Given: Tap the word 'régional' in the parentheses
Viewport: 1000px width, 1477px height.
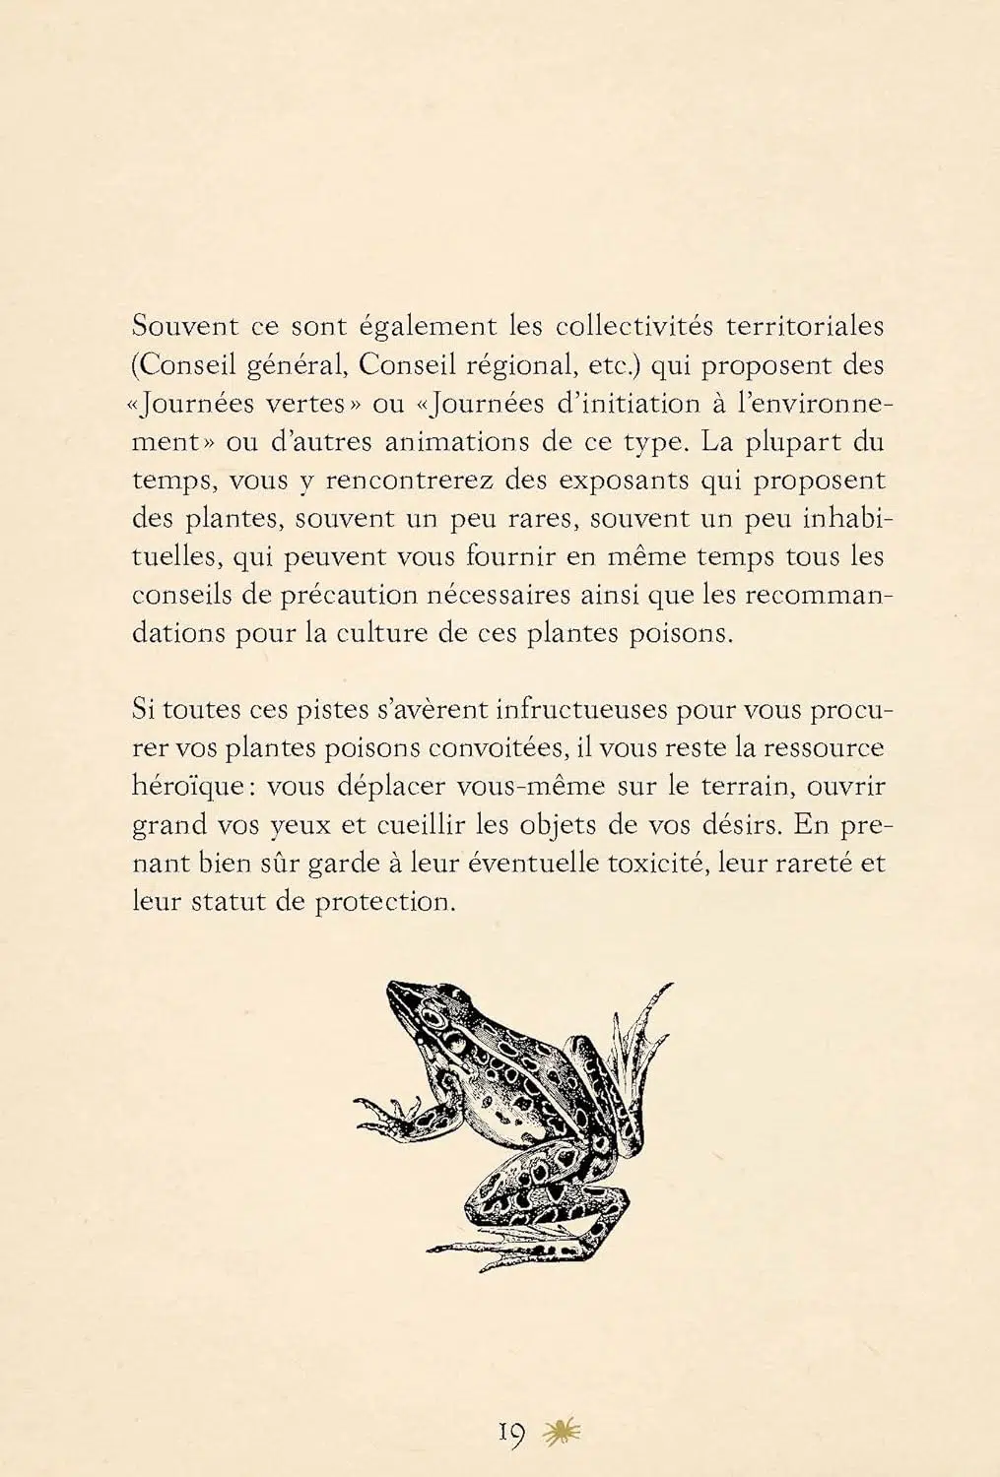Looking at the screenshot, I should pos(520,365).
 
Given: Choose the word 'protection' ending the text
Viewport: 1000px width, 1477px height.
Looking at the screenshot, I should pos(385,902).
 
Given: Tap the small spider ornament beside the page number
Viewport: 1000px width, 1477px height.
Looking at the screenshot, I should pos(563,1432).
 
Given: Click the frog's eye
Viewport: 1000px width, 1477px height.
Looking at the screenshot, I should pos(455,1037).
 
